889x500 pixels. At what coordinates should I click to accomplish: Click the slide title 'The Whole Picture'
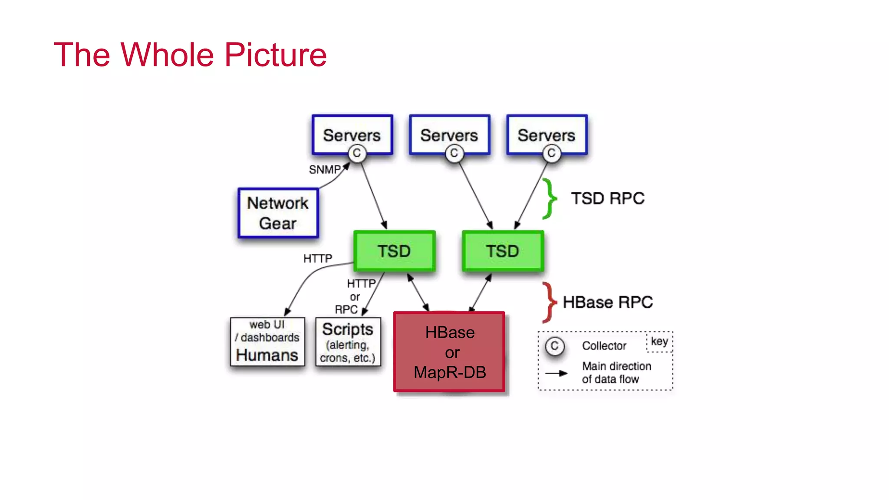tap(190, 55)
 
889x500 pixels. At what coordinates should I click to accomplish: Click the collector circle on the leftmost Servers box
tap(357, 153)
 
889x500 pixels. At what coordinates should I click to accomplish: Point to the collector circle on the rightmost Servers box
tap(551, 153)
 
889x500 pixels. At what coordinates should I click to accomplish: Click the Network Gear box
tap(278, 213)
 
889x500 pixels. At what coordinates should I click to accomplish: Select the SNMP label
tap(325, 170)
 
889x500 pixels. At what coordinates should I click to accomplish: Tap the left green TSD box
tap(394, 251)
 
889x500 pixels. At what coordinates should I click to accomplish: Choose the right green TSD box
tap(503, 251)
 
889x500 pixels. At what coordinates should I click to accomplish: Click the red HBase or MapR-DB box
tap(449, 352)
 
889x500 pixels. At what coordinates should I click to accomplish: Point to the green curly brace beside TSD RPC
tap(550, 199)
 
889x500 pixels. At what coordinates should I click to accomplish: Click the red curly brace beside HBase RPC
tap(550, 302)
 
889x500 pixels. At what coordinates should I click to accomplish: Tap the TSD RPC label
tap(608, 199)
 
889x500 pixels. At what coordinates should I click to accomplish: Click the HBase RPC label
tap(608, 302)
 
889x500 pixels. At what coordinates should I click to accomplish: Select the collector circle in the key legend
tap(554, 346)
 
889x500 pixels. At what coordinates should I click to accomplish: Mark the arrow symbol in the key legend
tap(556, 373)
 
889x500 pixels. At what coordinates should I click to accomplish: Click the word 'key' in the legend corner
tap(659, 342)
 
